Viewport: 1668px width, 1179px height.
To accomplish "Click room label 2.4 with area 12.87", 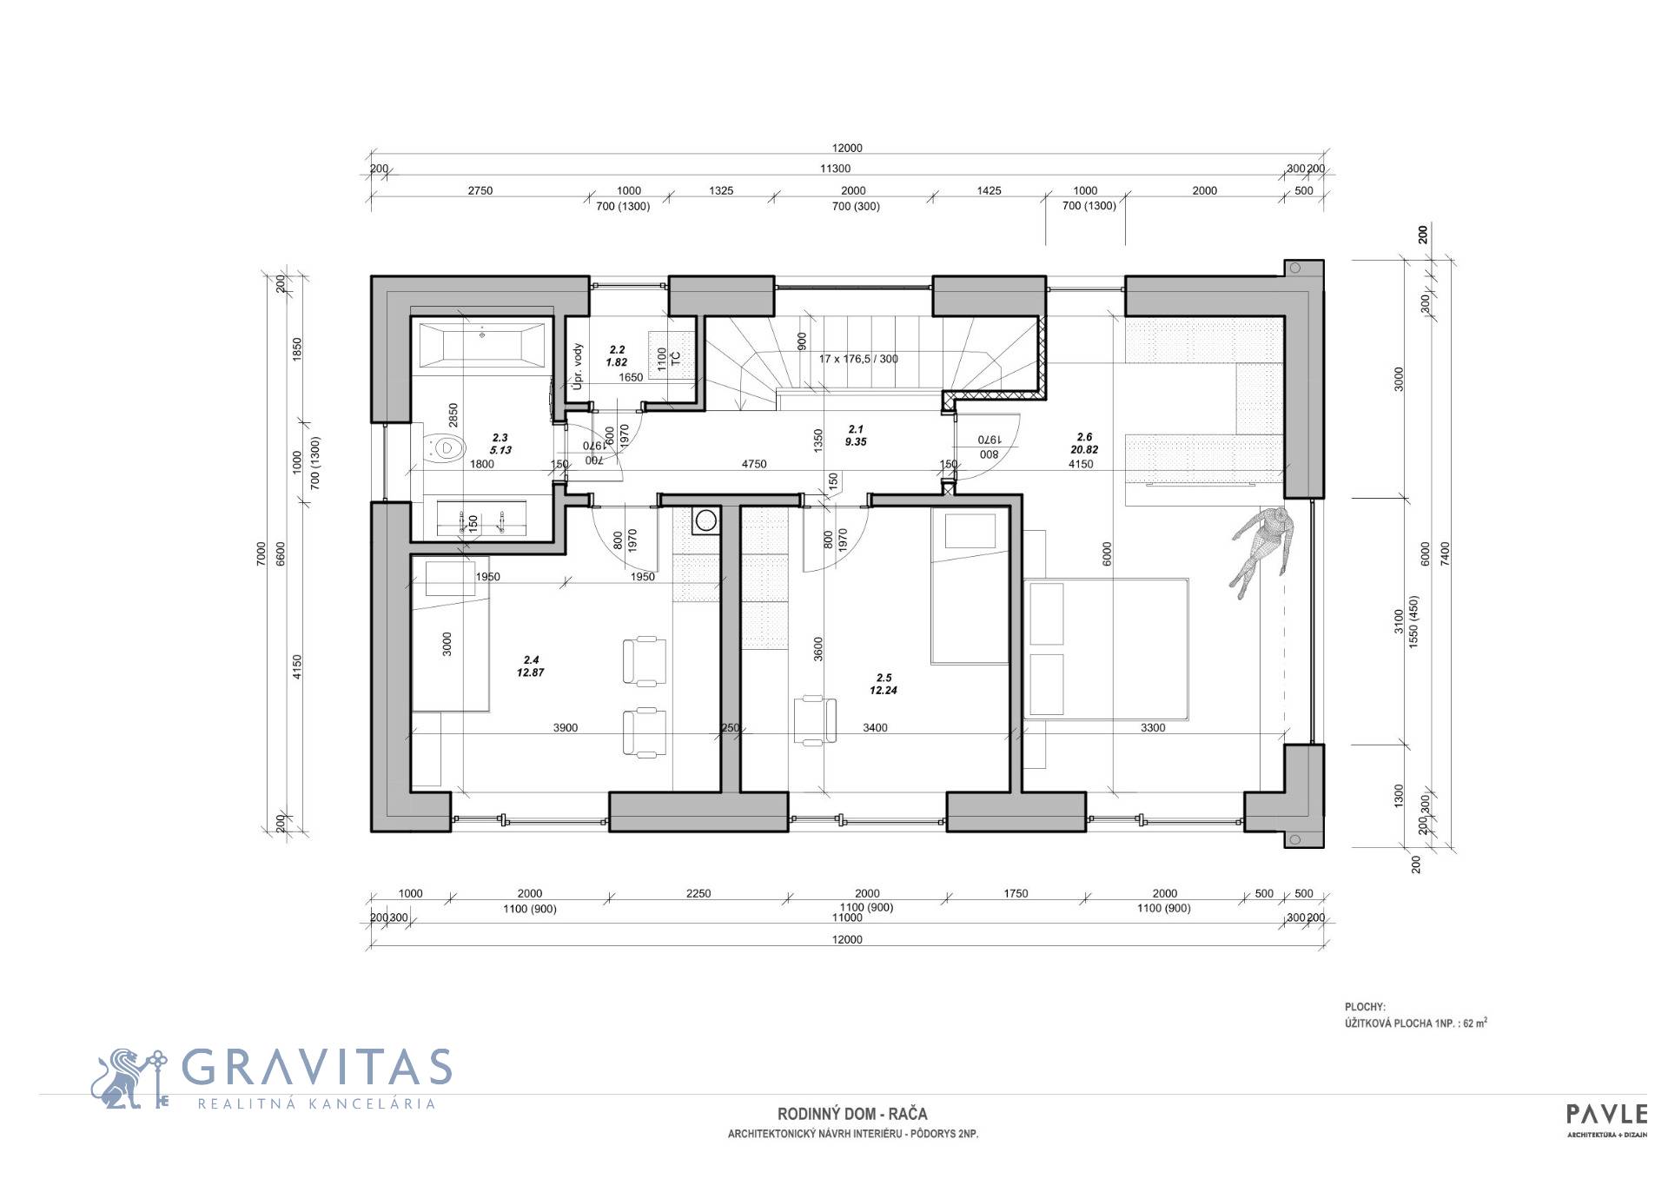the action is coord(530,666).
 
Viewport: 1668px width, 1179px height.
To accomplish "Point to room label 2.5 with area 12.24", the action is coord(884,684).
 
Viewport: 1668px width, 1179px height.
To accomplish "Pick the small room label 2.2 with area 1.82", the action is coord(616,356).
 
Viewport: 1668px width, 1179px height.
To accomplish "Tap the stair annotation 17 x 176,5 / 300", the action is coord(858,359).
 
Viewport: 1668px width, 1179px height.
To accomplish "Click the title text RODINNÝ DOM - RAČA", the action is coord(852,1114).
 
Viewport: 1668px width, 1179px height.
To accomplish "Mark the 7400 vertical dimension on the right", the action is coord(1446,553).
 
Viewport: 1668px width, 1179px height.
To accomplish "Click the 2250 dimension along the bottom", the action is coord(698,893).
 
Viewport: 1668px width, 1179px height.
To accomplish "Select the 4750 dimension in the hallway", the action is coord(753,464).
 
